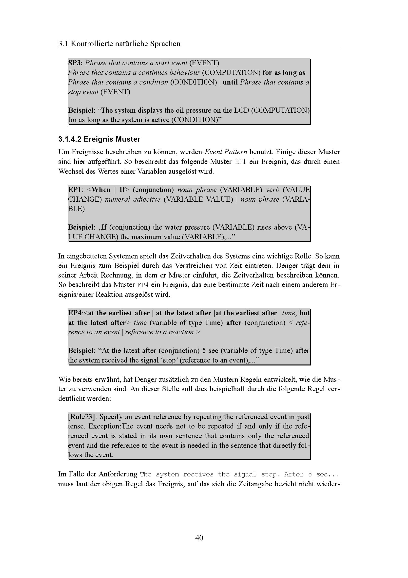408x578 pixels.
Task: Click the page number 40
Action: pyautogui.click(x=199, y=538)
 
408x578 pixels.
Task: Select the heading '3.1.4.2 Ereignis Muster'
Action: pyautogui.click(x=99, y=139)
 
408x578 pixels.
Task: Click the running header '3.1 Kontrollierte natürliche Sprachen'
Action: pyautogui.click(x=119, y=44)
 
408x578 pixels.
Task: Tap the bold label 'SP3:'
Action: pyautogui.click(x=76, y=63)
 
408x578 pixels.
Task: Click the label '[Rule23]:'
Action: pyautogui.click(x=82, y=417)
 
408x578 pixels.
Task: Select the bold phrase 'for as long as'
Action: pyautogui.click(x=284, y=72)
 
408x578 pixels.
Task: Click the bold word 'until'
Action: pyautogui.click(x=230, y=82)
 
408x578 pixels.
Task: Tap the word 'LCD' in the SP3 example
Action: pyautogui.click(x=241, y=110)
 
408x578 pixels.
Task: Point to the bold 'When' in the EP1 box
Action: pyautogui.click(x=101, y=190)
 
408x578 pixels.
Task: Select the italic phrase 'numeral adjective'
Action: pyautogui.click(x=133, y=199)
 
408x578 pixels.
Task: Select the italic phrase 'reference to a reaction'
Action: pyautogui.click(x=159, y=332)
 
